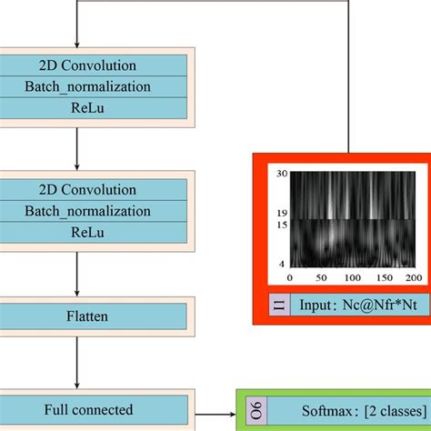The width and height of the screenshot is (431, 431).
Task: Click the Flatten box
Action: coord(87,316)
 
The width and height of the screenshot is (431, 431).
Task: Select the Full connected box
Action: coord(87,409)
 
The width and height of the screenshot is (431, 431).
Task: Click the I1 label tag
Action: coord(278,304)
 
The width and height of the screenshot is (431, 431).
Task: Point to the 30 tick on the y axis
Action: coord(282,174)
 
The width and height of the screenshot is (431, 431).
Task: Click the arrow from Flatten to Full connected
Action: coord(77,359)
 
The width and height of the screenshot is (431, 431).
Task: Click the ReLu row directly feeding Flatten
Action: coord(87,232)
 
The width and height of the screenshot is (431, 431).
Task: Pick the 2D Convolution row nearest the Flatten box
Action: coord(87,190)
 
